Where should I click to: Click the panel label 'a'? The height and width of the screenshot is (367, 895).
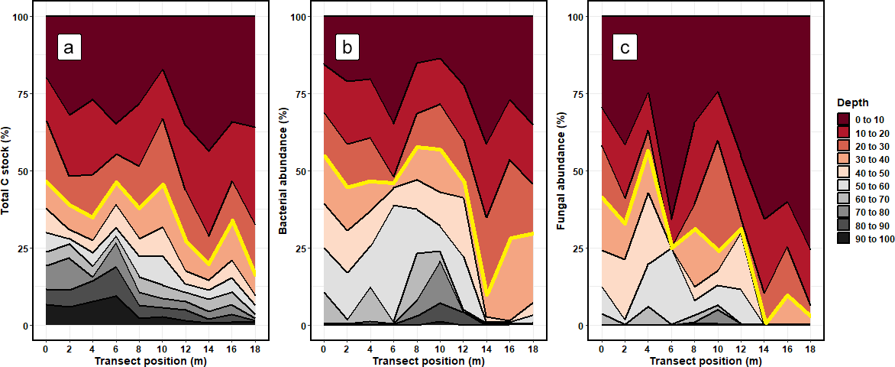(69, 49)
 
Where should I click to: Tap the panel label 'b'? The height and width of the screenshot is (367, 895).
(347, 49)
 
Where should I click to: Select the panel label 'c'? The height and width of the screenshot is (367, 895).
(625, 49)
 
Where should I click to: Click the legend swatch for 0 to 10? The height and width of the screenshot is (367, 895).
(845, 119)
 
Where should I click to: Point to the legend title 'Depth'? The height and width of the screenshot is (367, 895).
(852, 103)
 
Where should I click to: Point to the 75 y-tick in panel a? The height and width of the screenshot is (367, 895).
(26, 93)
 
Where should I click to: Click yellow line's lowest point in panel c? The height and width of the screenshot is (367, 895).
(765, 324)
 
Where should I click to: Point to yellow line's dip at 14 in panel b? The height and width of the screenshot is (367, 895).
(487, 295)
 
